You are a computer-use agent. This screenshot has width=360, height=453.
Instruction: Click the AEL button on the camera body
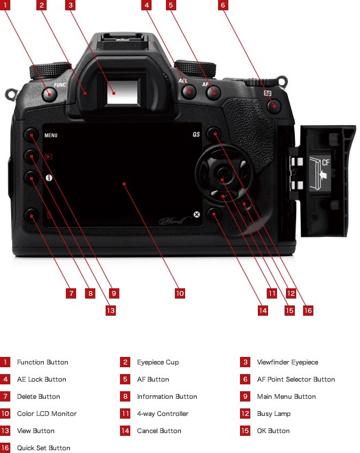[x=189, y=92]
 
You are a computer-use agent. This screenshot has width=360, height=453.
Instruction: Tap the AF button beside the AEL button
[x=214, y=93]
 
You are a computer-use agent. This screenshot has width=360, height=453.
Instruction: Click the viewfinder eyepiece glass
[x=123, y=92]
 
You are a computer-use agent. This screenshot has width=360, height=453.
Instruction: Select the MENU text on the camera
[x=51, y=135]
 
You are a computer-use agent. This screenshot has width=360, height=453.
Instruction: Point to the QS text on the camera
[x=196, y=135]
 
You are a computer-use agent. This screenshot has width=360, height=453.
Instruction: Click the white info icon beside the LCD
[x=49, y=178]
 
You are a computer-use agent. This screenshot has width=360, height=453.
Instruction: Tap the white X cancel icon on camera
[x=197, y=214]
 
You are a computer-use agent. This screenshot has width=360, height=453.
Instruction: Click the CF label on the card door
[x=326, y=163]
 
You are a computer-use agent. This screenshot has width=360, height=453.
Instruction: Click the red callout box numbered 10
[x=180, y=294]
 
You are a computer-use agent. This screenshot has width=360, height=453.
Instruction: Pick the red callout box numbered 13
[x=110, y=310]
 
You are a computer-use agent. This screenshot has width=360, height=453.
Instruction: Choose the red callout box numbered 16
[x=308, y=310]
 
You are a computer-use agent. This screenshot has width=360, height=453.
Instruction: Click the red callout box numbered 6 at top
[x=223, y=5]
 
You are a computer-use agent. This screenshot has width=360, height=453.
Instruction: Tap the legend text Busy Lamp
[x=274, y=414]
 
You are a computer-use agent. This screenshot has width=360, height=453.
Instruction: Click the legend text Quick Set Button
[x=44, y=448]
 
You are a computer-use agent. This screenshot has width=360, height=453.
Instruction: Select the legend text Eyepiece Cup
[x=158, y=362]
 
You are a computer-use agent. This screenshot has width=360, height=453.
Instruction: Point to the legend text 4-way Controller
[x=163, y=414]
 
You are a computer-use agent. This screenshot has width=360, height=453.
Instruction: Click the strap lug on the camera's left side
[x=11, y=95]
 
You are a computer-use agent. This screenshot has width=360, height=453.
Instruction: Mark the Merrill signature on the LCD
[x=175, y=221]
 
